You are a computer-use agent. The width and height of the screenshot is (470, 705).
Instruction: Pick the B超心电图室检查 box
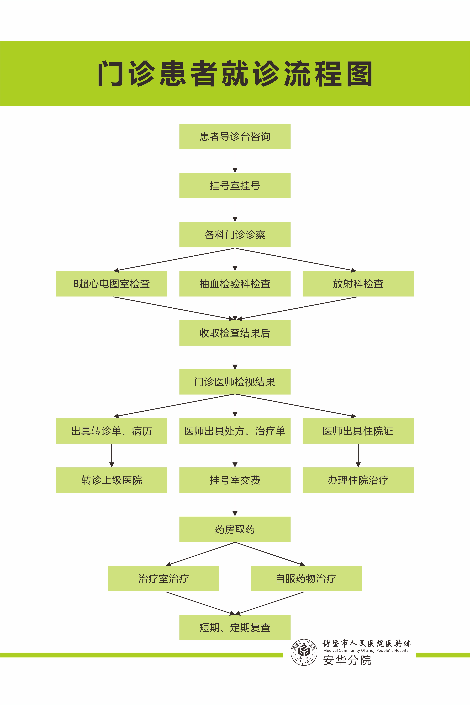(x=111, y=284)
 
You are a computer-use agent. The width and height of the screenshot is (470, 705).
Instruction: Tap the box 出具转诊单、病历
(x=111, y=431)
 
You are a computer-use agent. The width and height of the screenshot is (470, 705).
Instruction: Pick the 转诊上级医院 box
(x=111, y=480)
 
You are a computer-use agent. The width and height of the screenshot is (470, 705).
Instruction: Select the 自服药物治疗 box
(x=306, y=579)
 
